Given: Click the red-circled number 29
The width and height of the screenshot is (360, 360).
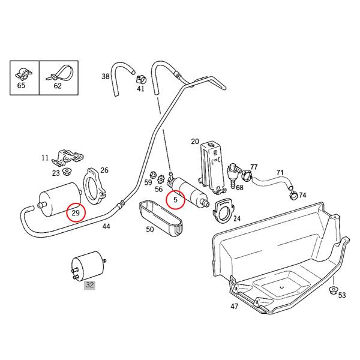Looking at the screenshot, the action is click(x=76, y=213).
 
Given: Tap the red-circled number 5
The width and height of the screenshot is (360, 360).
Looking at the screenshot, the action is click(x=175, y=200).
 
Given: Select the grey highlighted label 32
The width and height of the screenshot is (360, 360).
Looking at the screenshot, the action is click(x=89, y=285).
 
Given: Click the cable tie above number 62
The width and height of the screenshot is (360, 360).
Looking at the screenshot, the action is click(x=60, y=73).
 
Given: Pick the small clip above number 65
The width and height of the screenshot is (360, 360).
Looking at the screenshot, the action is click(x=23, y=74).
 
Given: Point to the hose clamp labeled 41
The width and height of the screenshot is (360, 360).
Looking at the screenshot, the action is click(x=141, y=79).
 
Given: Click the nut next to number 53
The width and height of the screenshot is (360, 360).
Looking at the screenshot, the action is click(x=333, y=290).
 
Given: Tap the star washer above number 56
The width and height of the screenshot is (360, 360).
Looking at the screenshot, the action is click(x=161, y=179).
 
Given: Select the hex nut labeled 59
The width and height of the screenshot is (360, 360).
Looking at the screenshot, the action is click(x=152, y=175).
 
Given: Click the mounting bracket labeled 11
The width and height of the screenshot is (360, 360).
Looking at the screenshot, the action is click(x=67, y=157).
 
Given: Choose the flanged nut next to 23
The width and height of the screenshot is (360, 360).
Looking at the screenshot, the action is click(x=67, y=171).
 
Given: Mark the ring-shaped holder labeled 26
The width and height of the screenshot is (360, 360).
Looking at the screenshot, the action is click(x=94, y=187).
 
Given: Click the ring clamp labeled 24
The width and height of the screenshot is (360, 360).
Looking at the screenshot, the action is click(x=224, y=211).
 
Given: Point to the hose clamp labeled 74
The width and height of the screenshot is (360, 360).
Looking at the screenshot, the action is click(x=293, y=196).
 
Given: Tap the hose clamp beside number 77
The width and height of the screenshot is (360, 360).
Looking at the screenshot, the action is click(x=247, y=175).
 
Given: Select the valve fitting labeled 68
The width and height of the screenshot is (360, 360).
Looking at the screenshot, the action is click(x=233, y=174).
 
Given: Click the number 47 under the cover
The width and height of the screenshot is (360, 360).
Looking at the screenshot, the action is click(x=235, y=306).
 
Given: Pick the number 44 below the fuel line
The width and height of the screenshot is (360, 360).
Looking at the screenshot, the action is click(x=106, y=227).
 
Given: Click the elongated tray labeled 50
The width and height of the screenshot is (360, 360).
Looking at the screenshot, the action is click(x=161, y=217).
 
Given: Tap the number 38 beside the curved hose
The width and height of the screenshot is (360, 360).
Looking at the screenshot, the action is click(x=106, y=76).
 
